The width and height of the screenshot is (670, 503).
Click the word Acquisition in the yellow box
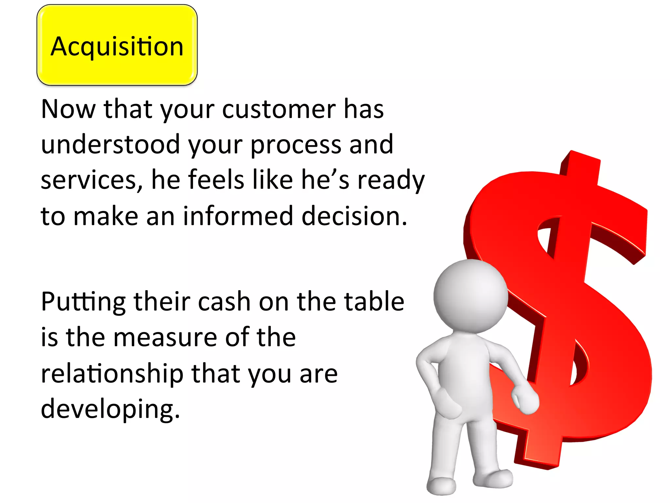click(x=117, y=47)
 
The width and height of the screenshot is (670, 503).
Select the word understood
click(x=111, y=144)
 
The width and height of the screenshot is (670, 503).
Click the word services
click(x=92, y=180)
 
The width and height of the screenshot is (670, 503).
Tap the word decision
click(x=354, y=216)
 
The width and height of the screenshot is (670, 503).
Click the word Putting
click(x=83, y=302)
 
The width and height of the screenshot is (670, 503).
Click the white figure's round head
click(x=470, y=295)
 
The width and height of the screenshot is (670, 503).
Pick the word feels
click(x=216, y=180)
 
